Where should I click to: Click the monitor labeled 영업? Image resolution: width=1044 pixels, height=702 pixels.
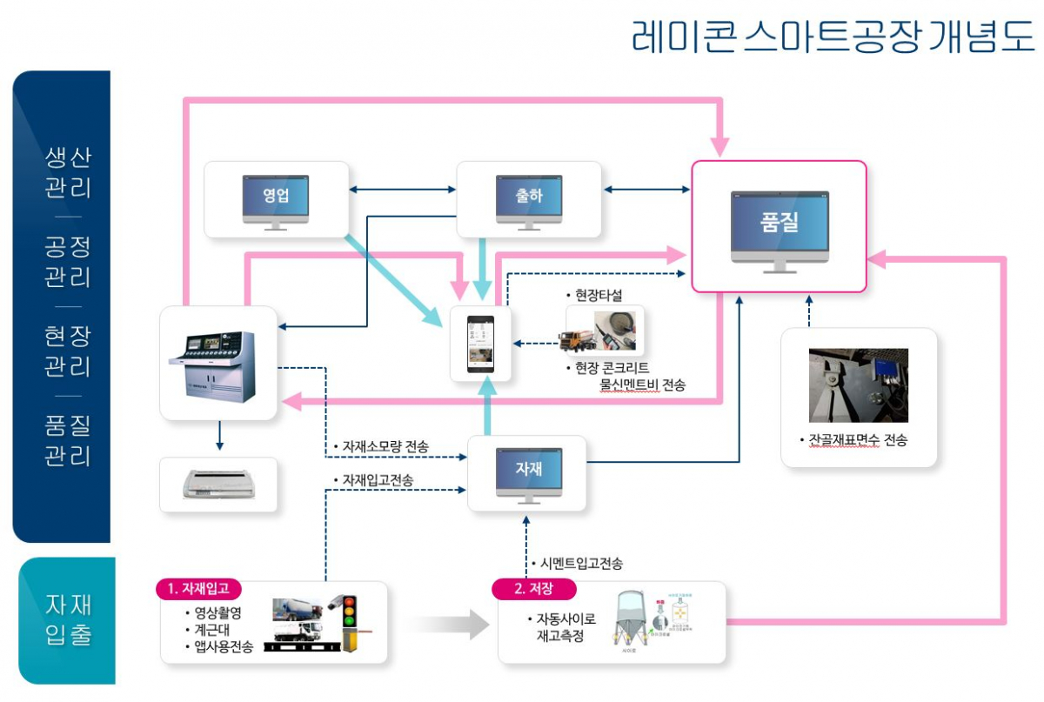[x=275, y=201]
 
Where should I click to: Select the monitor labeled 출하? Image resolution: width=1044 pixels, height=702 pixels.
[x=528, y=201]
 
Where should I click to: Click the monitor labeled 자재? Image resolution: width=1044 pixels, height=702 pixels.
[x=528, y=473]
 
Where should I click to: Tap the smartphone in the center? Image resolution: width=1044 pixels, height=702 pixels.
[x=480, y=344]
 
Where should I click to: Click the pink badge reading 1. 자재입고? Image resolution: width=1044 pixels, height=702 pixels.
[x=199, y=589]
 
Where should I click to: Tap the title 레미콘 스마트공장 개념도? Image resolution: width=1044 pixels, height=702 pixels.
[x=832, y=37]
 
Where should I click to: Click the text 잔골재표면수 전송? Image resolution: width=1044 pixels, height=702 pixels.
[x=857, y=440]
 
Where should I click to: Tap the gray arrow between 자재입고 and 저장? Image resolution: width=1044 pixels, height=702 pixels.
[x=448, y=624]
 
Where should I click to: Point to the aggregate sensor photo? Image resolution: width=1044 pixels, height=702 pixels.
[x=858, y=384]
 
